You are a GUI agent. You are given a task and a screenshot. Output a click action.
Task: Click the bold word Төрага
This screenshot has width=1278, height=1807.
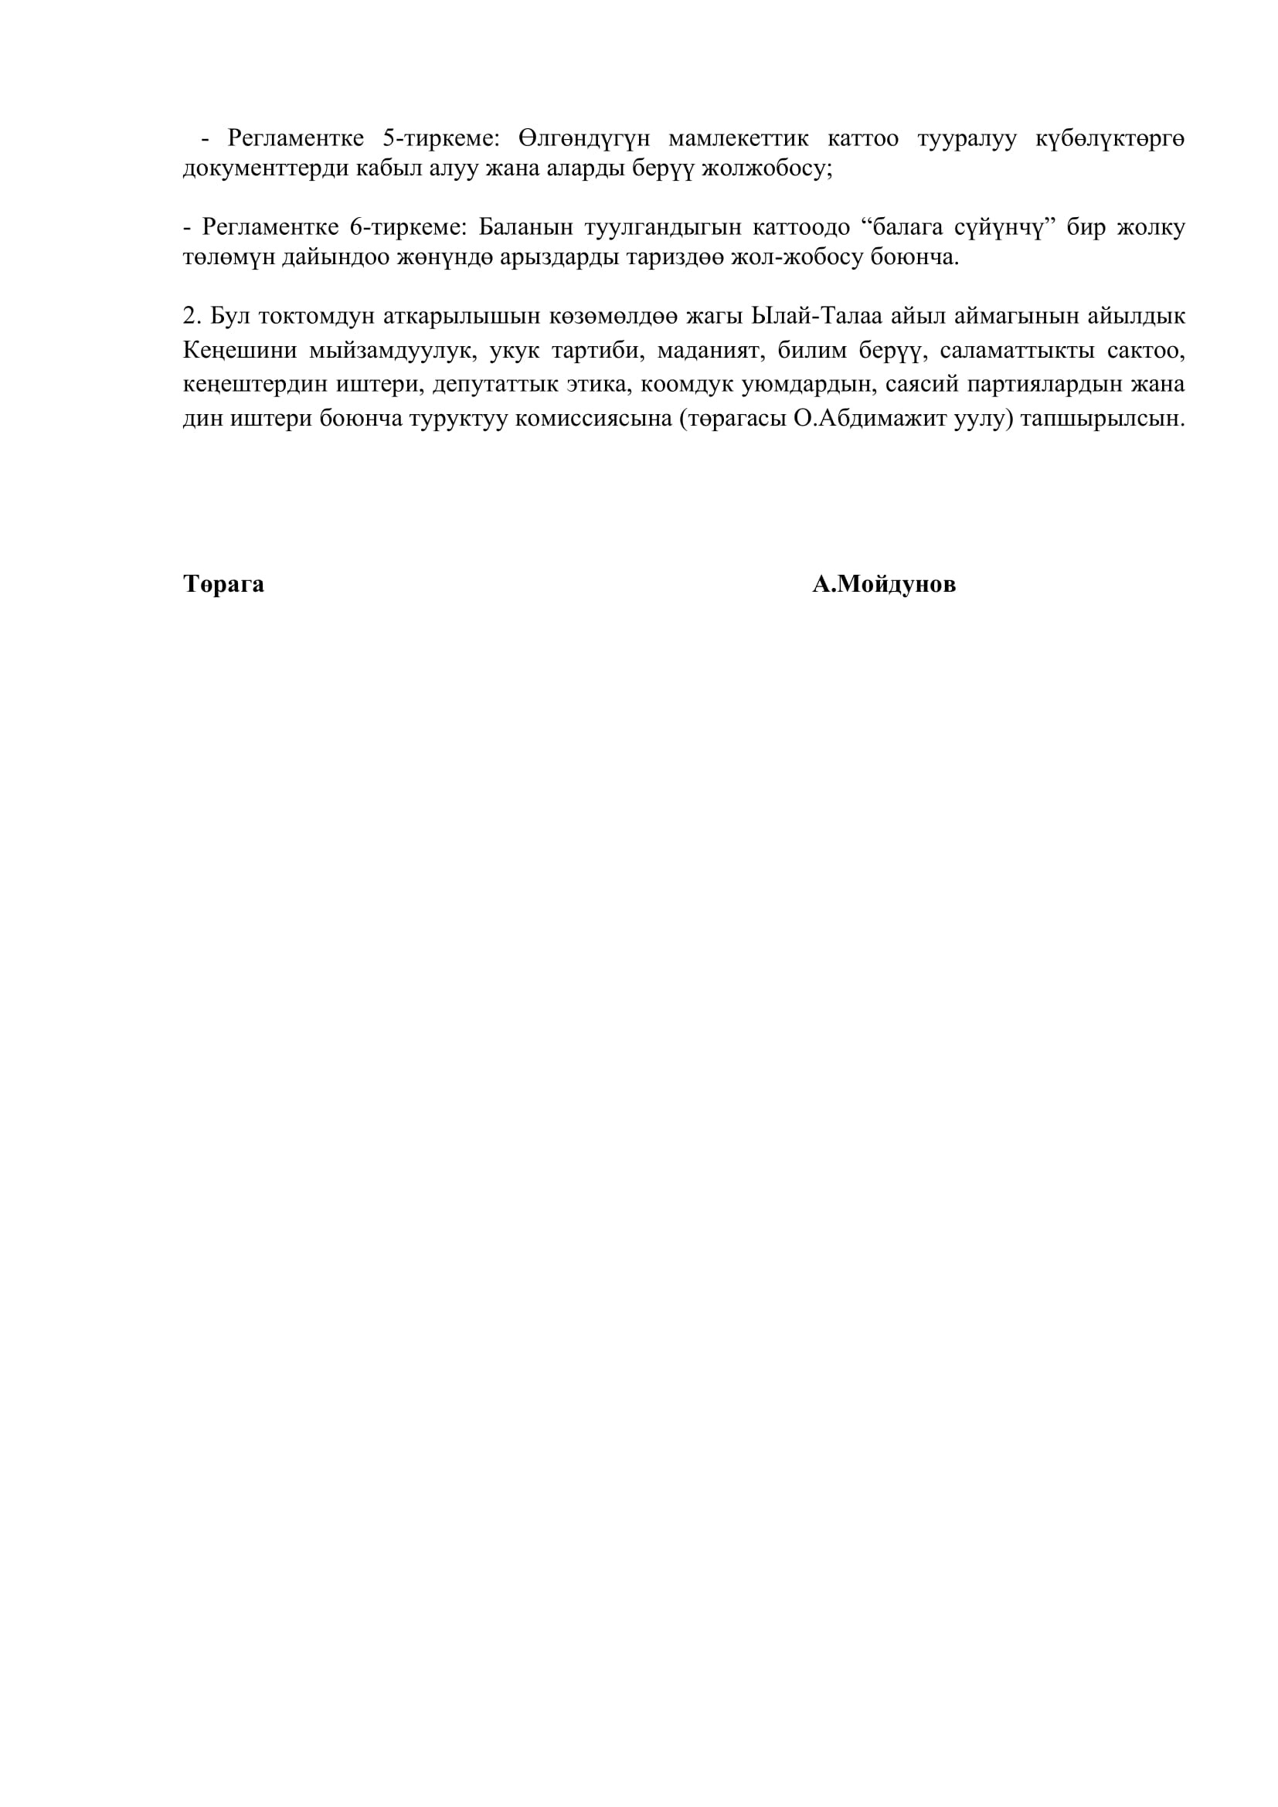[223, 585]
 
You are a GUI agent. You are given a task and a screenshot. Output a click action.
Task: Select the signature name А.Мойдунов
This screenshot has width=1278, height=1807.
[884, 585]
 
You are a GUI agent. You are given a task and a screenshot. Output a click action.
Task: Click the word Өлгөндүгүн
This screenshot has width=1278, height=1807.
[584, 138]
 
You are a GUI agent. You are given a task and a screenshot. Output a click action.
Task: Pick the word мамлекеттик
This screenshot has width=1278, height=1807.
[738, 138]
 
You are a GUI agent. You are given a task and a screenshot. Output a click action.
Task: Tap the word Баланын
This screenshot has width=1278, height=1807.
[523, 227]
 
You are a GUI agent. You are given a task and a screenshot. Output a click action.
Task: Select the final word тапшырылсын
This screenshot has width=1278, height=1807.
[1102, 419]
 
